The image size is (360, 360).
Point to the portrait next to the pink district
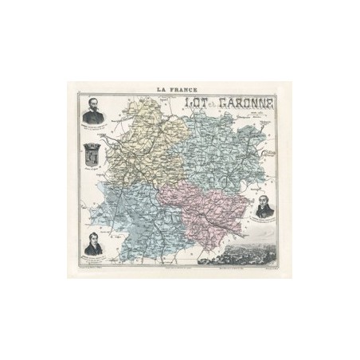[265, 205]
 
